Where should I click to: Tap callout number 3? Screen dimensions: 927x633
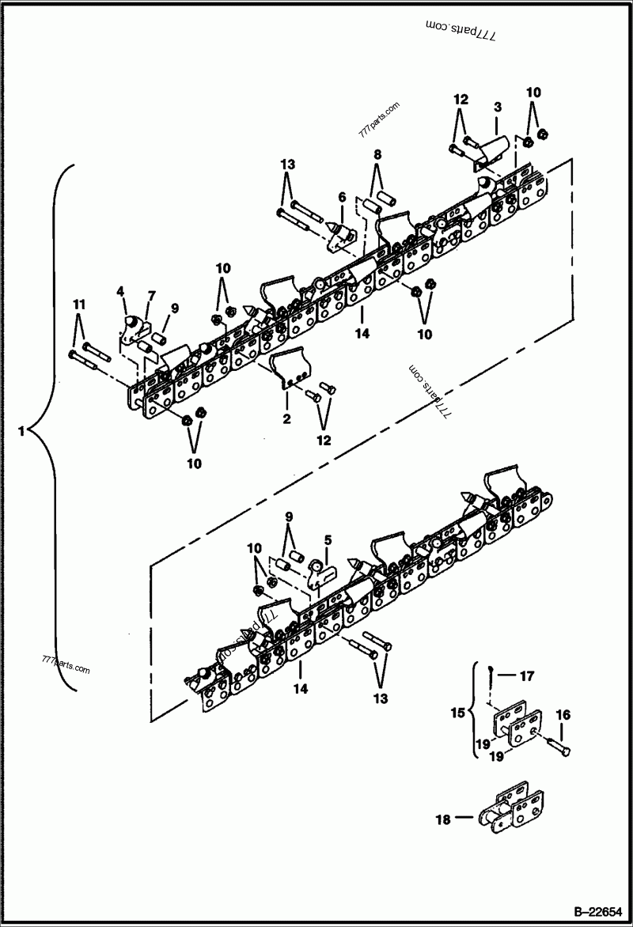[x=498, y=106]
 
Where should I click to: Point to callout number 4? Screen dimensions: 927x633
[x=121, y=292]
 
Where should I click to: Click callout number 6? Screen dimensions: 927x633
[x=342, y=197]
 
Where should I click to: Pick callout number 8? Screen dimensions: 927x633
[x=377, y=153]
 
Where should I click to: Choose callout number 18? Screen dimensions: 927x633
[x=443, y=819]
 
